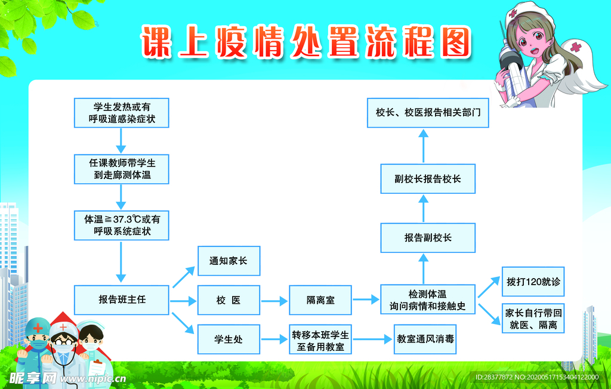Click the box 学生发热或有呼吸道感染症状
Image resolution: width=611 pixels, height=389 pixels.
click(122, 113)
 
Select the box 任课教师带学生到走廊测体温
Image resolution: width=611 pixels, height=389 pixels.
click(122, 169)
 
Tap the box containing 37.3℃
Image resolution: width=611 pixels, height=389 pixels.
click(122, 226)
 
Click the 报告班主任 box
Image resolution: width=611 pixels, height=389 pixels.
click(122, 300)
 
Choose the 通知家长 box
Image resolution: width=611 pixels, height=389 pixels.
click(229, 261)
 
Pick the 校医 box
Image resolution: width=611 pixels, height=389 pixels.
click(229, 300)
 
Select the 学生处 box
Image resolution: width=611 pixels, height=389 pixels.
click(229, 339)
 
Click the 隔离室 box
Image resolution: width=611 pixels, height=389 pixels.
click(320, 300)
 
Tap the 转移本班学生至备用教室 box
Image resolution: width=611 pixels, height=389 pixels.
click(320, 339)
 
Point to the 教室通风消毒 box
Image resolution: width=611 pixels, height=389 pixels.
click(425, 339)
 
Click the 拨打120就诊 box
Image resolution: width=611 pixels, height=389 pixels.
click(533, 282)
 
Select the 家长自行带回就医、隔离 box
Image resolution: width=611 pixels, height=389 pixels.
click(533, 319)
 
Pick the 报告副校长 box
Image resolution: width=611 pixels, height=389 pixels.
click(428, 238)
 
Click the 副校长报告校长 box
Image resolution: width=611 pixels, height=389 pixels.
click(428, 179)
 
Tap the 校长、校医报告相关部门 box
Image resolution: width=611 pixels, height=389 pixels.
click(428, 113)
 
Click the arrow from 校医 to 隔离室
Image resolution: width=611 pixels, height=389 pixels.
click(274, 301)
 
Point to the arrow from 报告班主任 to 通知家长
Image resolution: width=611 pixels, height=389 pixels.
click(184, 277)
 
